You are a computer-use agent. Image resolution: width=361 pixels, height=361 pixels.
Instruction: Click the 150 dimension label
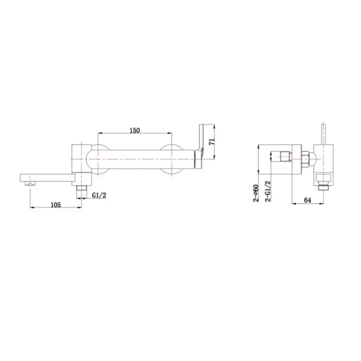tap(135, 131)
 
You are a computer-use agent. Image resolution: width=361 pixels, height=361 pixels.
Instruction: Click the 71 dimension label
tap(212, 141)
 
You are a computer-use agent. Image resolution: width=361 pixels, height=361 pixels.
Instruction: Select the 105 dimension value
tap(56, 205)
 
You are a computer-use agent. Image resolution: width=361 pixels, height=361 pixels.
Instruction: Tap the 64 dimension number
tap(307, 200)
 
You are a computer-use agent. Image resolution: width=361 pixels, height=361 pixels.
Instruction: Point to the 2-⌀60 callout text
tap(256, 193)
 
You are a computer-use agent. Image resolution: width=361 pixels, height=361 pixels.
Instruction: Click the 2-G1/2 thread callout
tap(268, 191)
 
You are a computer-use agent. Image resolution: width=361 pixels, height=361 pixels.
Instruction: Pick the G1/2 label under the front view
tap(99, 196)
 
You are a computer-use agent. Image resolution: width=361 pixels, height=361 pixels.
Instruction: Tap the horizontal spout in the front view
tap(48, 177)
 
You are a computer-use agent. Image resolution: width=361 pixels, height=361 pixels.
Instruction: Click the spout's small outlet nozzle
tap(30, 183)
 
